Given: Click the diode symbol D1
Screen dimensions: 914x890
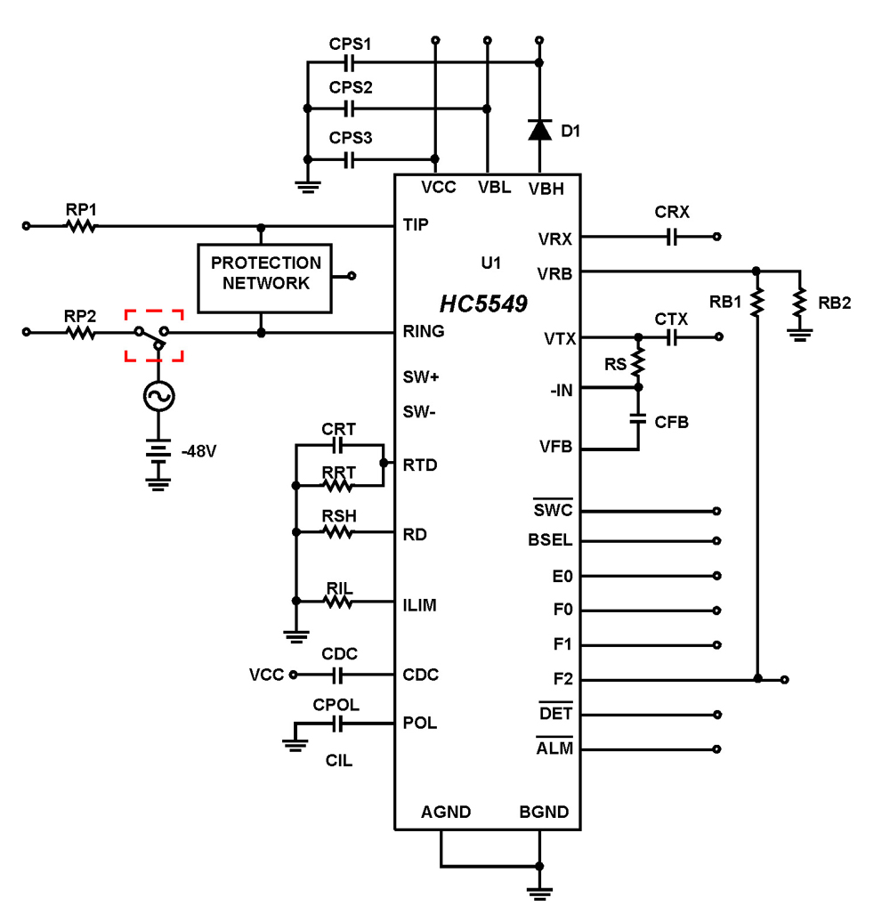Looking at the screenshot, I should point(538,130).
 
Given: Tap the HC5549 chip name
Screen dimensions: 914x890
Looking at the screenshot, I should point(483,304).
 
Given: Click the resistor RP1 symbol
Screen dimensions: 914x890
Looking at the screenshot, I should point(81,226).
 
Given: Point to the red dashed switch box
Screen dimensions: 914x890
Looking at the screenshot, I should point(154,336).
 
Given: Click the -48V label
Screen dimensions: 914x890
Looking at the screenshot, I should point(198,451).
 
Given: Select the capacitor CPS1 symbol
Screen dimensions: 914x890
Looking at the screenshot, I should point(350,62).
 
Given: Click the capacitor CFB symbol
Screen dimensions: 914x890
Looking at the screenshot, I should point(638,418).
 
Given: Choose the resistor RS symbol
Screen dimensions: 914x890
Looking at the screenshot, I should point(638,362).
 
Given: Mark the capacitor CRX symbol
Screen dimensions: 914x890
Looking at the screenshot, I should point(672,237).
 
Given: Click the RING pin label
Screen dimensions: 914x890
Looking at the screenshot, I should point(424,331).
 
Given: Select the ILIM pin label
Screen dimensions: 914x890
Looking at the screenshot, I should point(419,605).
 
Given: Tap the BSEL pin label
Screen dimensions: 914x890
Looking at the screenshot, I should point(550,540).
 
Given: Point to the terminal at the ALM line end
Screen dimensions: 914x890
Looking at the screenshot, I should point(716,749).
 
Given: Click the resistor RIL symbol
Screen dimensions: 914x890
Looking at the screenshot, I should point(338,602).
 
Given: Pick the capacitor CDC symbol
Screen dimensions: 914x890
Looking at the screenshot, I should point(338,675).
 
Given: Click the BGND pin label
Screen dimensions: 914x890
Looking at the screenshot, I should point(544,812).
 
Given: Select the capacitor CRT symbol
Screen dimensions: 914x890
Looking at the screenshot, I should point(338,443).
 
